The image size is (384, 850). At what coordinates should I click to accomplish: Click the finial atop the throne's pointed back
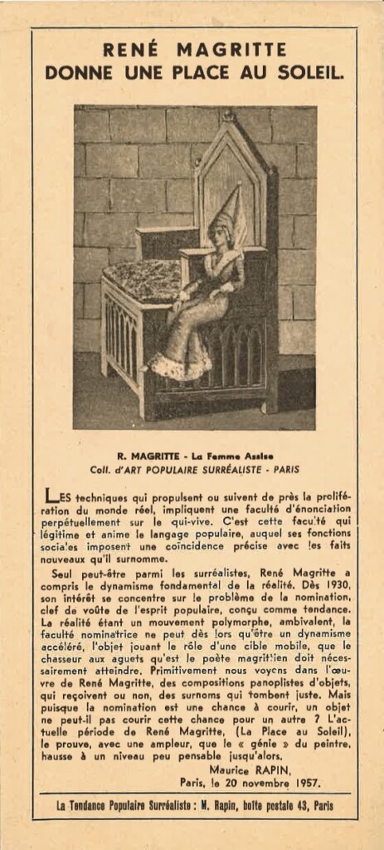tap(228, 117)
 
